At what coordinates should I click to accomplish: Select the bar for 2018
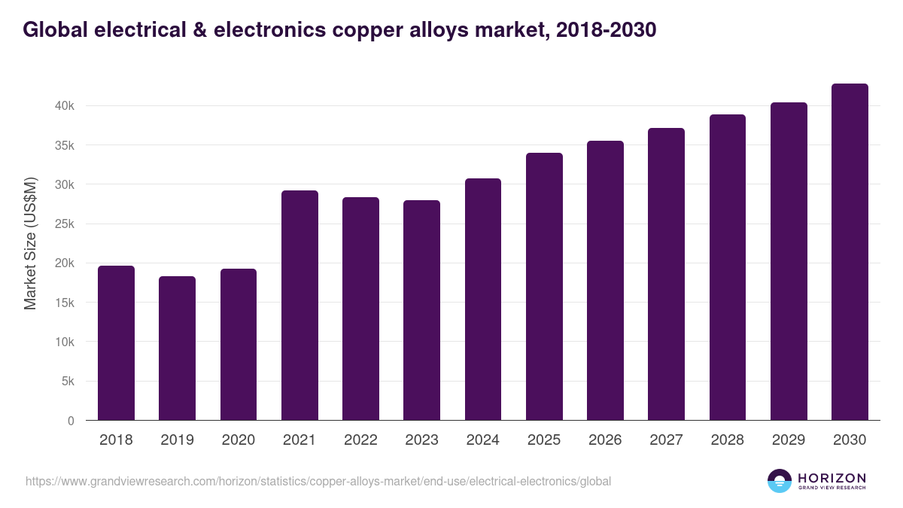pyautogui.click(x=116, y=343)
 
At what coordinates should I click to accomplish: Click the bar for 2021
pyautogui.click(x=299, y=306)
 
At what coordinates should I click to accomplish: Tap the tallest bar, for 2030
pyautogui.click(x=850, y=252)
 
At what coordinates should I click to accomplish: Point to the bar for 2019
pyautogui.click(x=177, y=348)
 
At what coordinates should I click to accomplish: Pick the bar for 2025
pyautogui.click(x=544, y=287)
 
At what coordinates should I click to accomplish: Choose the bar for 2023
pyautogui.click(x=421, y=310)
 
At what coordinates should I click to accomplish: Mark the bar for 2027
pyautogui.click(x=666, y=274)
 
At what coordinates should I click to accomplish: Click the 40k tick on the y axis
pyautogui.click(x=64, y=106)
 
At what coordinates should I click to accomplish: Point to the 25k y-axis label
pyautogui.click(x=64, y=224)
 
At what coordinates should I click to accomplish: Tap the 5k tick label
pyautogui.click(x=67, y=382)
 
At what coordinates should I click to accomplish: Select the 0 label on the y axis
pyautogui.click(x=71, y=421)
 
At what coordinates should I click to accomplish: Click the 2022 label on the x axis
pyautogui.click(x=360, y=440)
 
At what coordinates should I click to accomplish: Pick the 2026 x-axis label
pyautogui.click(x=605, y=440)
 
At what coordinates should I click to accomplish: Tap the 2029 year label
pyautogui.click(x=789, y=440)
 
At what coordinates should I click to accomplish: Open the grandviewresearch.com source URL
pyautogui.click(x=318, y=481)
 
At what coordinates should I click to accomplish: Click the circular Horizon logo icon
pyautogui.click(x=780, y=481)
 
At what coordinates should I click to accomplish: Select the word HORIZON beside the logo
pyautogui.click(x=832, y=478)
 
